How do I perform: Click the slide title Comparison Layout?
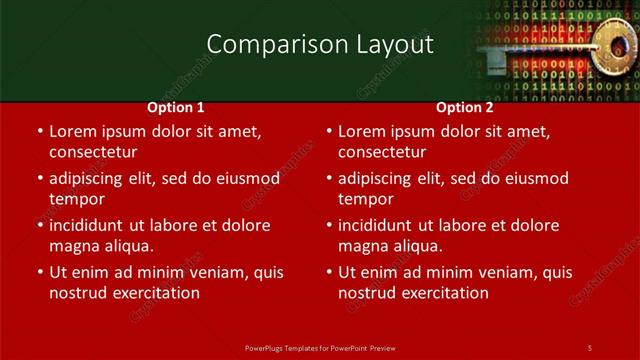(320, 45)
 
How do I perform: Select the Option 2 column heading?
(464, 106)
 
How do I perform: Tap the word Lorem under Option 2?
(361, 131)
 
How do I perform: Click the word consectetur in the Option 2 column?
(383, 152)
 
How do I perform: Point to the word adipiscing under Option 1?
(90, 179)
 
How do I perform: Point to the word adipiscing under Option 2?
(380, 179)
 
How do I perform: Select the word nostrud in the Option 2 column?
(369, 293)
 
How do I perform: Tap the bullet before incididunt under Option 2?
(328, 225)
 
